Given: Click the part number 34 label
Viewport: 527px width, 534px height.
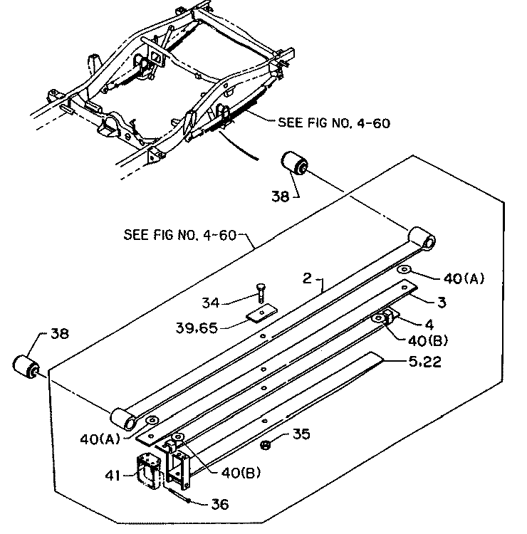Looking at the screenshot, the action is [x=211, y=303].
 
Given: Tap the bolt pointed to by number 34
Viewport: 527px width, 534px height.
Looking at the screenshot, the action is [x=261, y=293].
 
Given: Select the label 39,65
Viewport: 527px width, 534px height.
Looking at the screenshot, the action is [x=197, y=328].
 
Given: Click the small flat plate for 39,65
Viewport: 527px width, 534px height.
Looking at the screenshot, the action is [x=261, y=313].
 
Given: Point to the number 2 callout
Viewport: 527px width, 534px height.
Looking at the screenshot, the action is [x=307, y=278].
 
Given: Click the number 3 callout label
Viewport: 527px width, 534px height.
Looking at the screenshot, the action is [x=442, y=303].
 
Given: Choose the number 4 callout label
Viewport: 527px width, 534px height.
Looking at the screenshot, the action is [x=430, y=325].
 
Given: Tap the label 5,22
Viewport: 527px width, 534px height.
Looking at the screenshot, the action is [x=424, y=362].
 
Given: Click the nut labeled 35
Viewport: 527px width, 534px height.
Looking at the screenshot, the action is [x=266, y=445].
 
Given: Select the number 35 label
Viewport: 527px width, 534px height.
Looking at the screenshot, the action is [x=301, y=434].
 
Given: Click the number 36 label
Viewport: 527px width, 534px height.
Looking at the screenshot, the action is [x=220, y=504].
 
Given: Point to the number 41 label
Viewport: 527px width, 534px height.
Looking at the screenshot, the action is [x=113, y=475].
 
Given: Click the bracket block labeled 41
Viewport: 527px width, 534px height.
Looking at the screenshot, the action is [x=149, y=471].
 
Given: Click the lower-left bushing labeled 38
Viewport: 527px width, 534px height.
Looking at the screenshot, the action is [x=26, y=367].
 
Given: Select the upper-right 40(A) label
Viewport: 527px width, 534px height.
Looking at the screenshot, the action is [x=464, y=278].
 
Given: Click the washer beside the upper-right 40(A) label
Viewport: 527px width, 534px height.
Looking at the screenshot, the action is [x=405, y=270].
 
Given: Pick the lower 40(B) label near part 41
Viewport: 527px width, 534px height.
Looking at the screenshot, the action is [x=241, y=473].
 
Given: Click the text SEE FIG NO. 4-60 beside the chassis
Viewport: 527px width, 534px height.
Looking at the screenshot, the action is [x=334, y=123].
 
